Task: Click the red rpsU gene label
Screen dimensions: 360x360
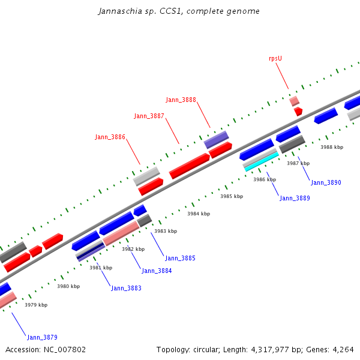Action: tap(275, 59)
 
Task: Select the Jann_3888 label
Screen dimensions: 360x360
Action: tap(181, 100)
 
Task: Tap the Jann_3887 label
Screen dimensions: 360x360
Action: tap(149, 116)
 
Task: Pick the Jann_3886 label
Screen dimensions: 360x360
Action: tap(110, 137)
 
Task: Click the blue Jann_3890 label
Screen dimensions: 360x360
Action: tap(326, 182)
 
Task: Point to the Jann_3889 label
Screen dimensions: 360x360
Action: tap(295, 198)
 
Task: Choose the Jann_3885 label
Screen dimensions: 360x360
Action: tap(180, 258)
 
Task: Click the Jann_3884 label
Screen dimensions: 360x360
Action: tap(157, 271)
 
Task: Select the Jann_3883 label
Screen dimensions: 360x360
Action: tap(126, 288)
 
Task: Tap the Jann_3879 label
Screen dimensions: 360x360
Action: tap(42, 337)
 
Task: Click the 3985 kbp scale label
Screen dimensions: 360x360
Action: tap(232, 196)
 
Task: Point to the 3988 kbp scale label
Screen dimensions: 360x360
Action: tap(332, 147)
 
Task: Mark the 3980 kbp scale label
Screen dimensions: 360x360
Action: tap(68, 286)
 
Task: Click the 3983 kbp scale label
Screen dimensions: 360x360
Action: tap(166, 231)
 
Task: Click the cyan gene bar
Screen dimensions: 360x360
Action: tap(262, 161)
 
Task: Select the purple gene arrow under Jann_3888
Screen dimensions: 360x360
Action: tap(216, 140)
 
